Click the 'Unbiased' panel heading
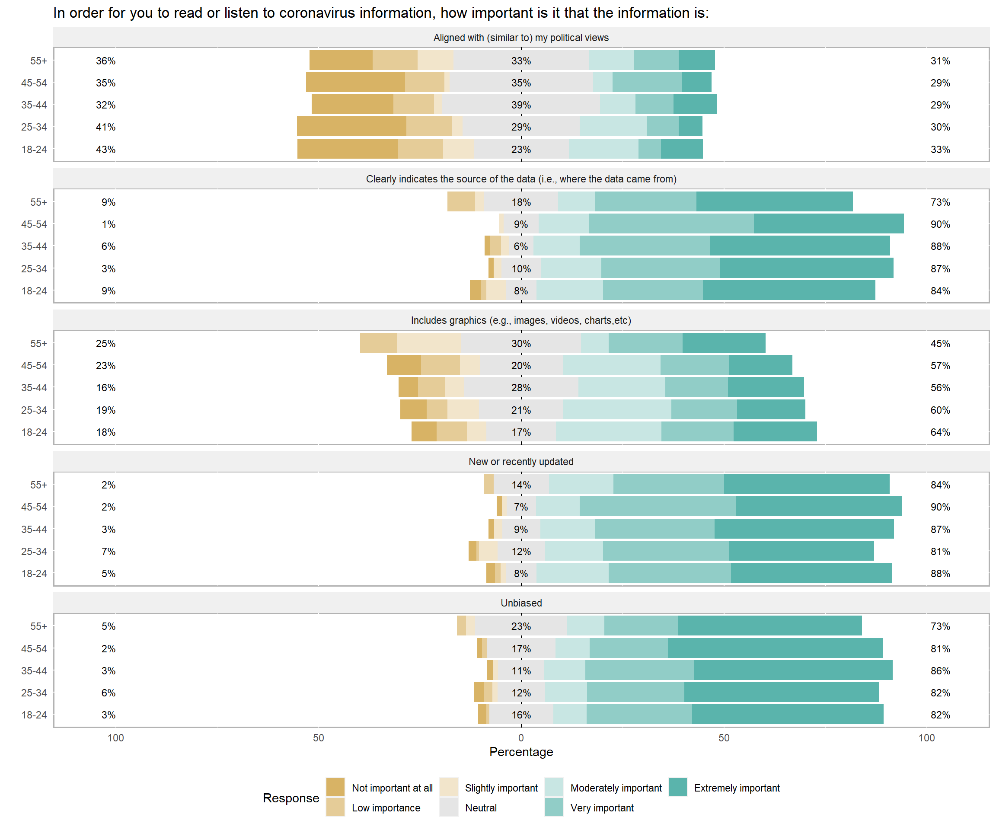coord(521,603)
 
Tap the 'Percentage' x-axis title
coord(521,752)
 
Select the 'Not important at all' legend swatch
coord(335,787)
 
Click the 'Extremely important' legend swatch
coord(678,787)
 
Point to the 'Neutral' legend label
coord(480,808)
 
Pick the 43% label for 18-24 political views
coord(105,150)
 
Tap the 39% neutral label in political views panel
coord(521,105)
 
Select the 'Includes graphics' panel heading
coord(521,320)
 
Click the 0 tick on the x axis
coord(521,737)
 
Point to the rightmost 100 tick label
coord(926,737)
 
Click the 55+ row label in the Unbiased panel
coord(38,626)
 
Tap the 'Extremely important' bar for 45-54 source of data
coord(828,224)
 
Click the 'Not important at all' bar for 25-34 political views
coord(351,127)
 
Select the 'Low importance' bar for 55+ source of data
coord(461,201)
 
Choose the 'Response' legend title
coord(291,798)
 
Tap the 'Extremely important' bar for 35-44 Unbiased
coord(792,670)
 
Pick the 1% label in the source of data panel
coord(108,224)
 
